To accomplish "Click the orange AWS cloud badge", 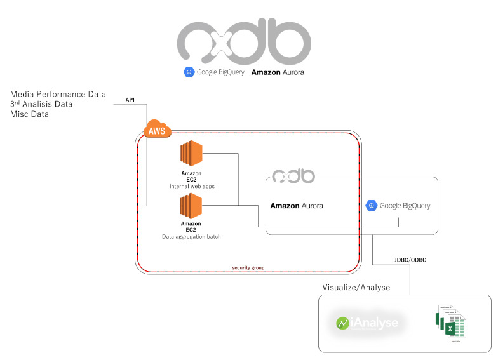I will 156,130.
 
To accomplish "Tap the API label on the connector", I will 130,100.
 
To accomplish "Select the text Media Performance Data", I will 58,94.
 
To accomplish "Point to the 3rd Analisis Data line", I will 41,104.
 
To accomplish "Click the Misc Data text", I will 29,114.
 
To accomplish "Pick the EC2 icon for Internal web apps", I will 191,154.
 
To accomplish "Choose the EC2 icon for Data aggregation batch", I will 191,206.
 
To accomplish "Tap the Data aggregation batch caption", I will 191,236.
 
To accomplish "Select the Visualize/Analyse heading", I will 356,288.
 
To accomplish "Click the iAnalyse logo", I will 368,323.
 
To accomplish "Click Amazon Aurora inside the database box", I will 297,206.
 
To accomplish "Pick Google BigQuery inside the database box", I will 398,206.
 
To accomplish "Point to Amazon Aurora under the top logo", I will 278,72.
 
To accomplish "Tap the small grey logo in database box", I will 293,177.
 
